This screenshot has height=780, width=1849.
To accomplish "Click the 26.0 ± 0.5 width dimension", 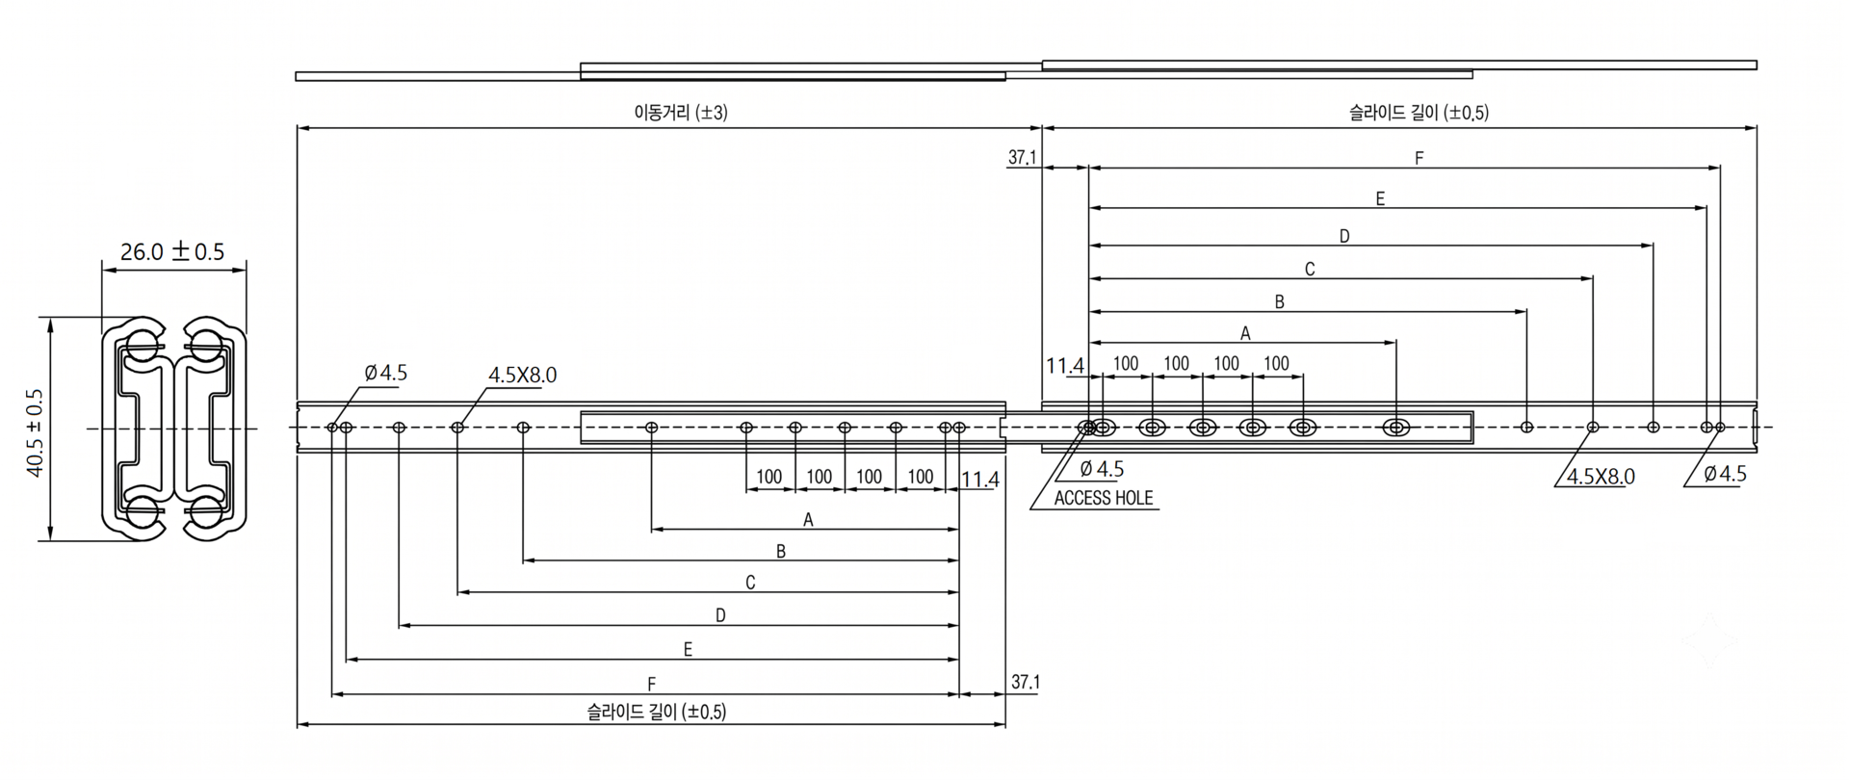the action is pyautogui.click(x=172, y=252).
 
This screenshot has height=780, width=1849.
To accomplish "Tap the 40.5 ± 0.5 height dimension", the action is pyautogui.click(x=36, y=432).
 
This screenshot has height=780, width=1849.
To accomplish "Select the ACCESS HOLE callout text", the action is pyautogui.click(x=1104, y=498).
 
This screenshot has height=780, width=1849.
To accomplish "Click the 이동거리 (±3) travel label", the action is pyautogui.click(x=681, y=113).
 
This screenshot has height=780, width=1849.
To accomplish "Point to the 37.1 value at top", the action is pyautogui.click(x=1022, y=157).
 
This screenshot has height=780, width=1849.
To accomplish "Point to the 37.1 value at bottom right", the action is pyautogui.click(x=1026, y=682).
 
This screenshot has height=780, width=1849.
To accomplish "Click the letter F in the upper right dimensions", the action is pyautogui.click(x=1419, y=158).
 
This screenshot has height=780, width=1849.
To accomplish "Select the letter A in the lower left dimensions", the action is pyautogui.click(x=809, y=520).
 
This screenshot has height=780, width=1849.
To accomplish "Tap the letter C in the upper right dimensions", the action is pyautogui.click(x=1310, y=270).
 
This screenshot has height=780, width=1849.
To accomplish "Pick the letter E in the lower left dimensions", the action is pyautogui.click(x=688, y=650).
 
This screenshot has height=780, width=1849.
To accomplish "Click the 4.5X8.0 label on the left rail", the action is pyautogui.click(x=522, y=376).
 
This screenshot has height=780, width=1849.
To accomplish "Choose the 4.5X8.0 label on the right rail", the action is pyautogui.click(x=1601, y=477).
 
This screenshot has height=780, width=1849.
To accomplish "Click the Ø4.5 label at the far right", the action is pyautogui.click(x=1725, y=474).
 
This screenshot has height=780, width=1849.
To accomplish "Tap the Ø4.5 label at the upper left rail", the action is pyautogui.click(x=385, y=373).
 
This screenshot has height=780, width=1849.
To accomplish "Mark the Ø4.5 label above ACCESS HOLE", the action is pyautogui.click(x=1102, y=469).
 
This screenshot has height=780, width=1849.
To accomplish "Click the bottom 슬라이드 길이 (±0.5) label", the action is pyautogui.click(x=657, y=712).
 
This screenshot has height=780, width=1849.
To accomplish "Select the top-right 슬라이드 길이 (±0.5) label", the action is pyautogui.click(x=1419, y=113).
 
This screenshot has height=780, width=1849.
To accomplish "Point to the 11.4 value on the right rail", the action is pyautogui.click(x=1065, y=366).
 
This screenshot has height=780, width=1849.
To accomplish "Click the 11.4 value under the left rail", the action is pyautogui.click(x=980, y=480).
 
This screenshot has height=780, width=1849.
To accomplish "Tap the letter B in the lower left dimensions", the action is pyautogui.click(x=781, y=552).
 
